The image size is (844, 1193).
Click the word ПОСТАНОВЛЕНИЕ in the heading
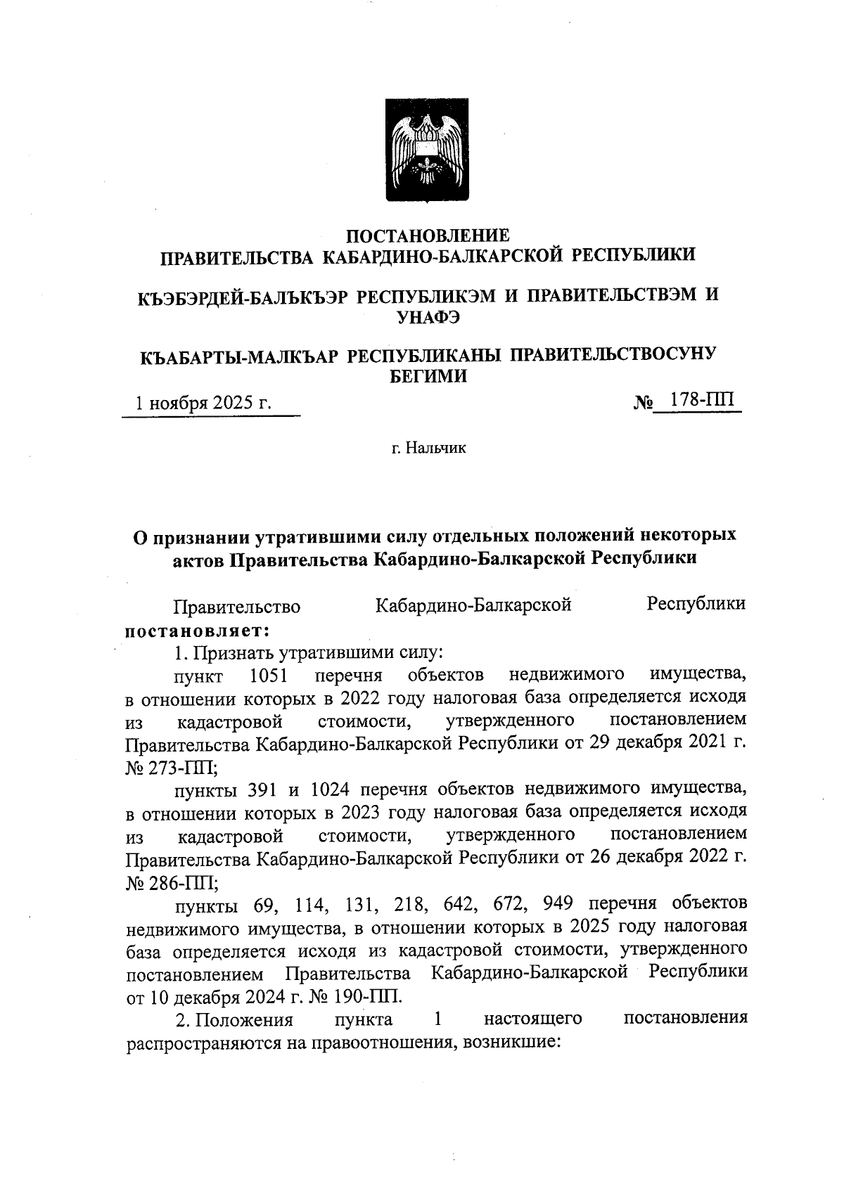coord(428,234)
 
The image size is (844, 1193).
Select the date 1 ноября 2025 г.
coord(204,404)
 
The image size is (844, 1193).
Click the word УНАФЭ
coord(428,317)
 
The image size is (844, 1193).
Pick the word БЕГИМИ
coord(428,376)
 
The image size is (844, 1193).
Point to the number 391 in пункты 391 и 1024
coord(265,789)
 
